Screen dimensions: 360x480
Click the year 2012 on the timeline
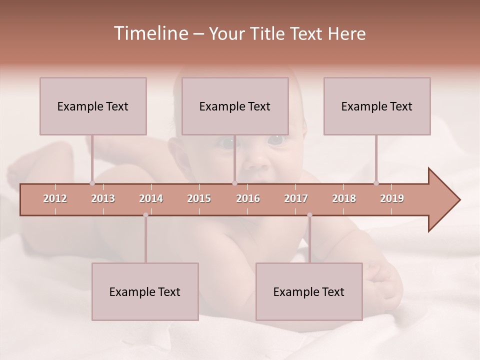pyautogui.click(x=55, y=198)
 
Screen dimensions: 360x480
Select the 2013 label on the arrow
pyautogui.click(x=103, y=198)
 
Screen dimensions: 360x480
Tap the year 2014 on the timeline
pyautogui.click(x=151, y=198)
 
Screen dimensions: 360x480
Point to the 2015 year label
pyautogui.click(x=199, y=198)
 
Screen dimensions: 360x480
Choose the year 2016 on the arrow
pyautogui.click(x=248, y=198)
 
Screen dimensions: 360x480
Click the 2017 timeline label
pyautogui.click(x=296, y=198)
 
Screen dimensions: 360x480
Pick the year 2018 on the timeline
pyautogui.click(x=344, y=198)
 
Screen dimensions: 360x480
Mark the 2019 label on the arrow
pyautogui.click(x=392, y=198)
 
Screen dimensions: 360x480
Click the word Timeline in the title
pyautogui.click(x=150, y=33)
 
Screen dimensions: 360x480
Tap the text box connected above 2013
pyautogui.click(x=93, y=106)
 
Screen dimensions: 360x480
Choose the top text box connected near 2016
pyautogui.click(x=235, y=106)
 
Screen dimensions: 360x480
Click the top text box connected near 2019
pyautogui.click(x=377, y=106)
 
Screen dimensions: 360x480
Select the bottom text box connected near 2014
pyautogui.click(x=145, y=291)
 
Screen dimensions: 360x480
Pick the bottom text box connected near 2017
pyautogui.click(x=309, y=291)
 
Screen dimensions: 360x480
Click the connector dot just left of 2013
pyautogui.click(x=92, y=183)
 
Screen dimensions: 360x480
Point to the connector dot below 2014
pyautogui.click(x=145, y=215)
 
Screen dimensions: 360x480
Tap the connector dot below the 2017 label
pyautogui.click(x=309, y=215)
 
